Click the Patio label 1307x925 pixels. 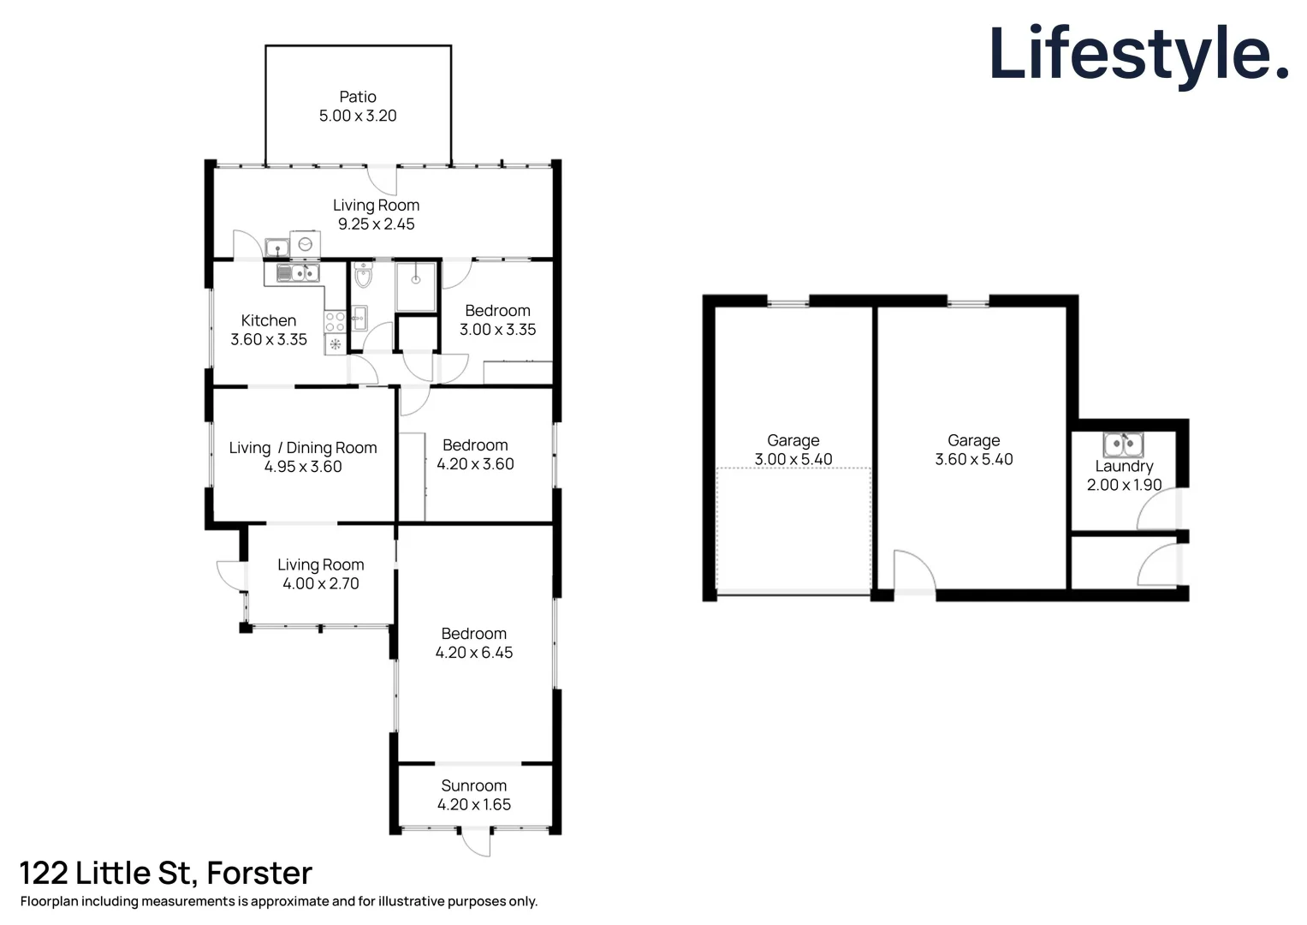pyautogui.click(x=357, y=97)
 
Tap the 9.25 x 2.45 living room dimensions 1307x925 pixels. pyautogui.click(x=376, y=224)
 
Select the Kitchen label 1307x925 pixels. pyautogui.click(x=268, y=320)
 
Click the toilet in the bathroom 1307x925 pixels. pyautogui.click(x=363, y=275)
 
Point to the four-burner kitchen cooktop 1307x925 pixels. pyautogui.click(x=335, y=322)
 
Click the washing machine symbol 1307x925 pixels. pyautogui.click(x=305, y=244)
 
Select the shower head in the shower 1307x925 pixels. pyautogui.click(x=416, y=279)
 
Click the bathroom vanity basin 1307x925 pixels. pyautogui.click(x=359, y=318)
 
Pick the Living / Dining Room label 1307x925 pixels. pyautogui.click(x=302, y=448)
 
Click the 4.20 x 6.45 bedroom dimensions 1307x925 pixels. pyautogui.click(x=473, y=653)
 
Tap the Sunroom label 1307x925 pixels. pyautogui.click(x=473, y=785)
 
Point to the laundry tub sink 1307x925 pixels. pyautogui.click(x=1122, y=445)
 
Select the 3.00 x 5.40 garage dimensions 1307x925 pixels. pyautogui.click(x=793, y=459)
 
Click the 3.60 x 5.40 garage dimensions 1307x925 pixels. pyautogui.click(x=973, y=459)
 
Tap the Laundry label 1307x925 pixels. pyautogui.click(x=1124, y=466)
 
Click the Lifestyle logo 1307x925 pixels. pyautogui.click(x=1138, y=54)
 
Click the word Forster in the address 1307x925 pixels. pyautogui.click(x=259, y=873)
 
